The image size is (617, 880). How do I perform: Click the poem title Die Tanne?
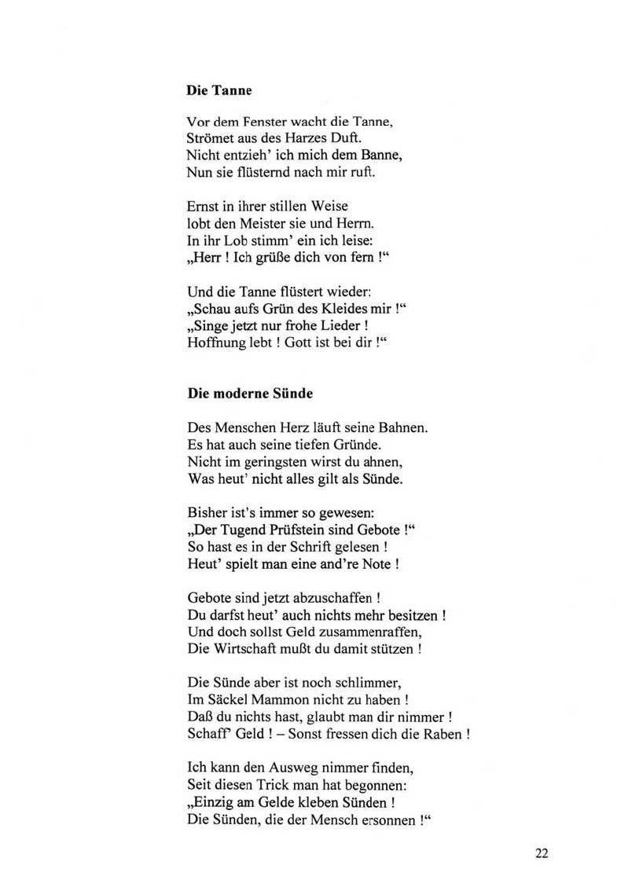click(219, 90)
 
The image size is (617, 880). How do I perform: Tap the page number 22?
click(542, 852)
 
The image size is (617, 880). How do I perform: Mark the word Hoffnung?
click(215, 343)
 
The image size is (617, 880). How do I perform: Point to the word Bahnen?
click(402, 427)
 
